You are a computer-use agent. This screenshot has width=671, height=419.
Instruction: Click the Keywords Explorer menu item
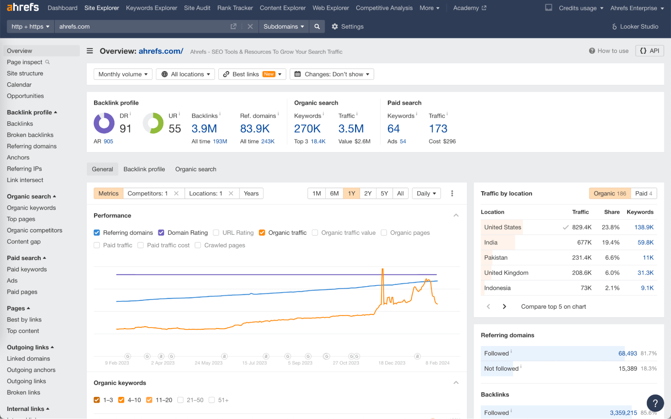(151, 8)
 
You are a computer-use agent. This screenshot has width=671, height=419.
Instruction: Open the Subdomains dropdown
(284, 27)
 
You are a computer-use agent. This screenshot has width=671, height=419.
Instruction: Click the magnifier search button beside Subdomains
(317, 27)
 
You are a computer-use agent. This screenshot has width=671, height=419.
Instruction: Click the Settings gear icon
(335, 27)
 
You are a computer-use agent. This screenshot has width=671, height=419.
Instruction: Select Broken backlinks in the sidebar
(30, 135)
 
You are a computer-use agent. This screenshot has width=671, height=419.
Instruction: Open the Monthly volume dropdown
(123, 74)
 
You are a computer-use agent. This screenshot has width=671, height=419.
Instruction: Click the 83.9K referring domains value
(255, 128)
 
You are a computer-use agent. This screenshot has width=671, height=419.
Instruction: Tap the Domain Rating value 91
(125, 128)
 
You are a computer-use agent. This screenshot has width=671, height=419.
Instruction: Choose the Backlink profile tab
(144, 169)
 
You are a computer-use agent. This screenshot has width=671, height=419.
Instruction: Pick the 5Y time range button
(384, 193)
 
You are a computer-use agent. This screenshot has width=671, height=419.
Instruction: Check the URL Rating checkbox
(216, 232)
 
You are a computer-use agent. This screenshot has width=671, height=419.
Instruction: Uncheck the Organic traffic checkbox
(262, 232)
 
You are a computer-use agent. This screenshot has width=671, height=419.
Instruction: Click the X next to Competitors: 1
(176, 193)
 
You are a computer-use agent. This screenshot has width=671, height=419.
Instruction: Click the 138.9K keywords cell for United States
(643, 227)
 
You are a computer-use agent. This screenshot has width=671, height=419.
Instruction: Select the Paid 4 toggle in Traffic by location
(643, 193)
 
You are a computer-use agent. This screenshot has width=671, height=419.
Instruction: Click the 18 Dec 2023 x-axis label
(391, 363)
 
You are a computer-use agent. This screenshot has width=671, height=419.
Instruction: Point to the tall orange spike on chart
(382, 278)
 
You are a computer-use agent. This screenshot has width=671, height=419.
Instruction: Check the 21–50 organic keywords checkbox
(181, 400)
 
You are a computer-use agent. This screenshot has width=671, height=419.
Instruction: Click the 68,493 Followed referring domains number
(627, 353)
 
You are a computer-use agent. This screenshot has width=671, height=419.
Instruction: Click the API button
(650, 51)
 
